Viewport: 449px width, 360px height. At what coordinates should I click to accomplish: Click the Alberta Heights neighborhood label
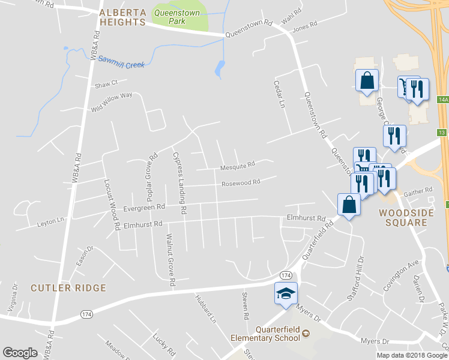coord(122,17)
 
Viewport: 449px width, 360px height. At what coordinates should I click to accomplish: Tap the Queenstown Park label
coord(178,16)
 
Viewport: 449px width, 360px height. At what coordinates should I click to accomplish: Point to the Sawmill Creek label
coord(122,61)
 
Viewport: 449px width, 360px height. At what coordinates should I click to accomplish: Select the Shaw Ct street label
coord(106,83)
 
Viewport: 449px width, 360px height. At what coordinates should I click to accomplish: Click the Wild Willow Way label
coord(111,101)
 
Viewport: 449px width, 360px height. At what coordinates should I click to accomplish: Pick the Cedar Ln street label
coord(280,94)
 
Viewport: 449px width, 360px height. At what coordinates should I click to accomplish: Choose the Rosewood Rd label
coord(240,182)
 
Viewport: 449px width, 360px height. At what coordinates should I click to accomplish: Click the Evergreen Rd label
coord(144,207)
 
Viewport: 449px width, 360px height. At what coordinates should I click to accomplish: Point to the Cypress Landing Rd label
coord(179,184)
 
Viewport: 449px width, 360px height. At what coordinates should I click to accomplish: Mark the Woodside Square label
coord(403,217)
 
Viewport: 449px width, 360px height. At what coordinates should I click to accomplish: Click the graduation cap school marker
coord(286,293)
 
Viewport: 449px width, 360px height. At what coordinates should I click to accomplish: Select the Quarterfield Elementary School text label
coord(265,334)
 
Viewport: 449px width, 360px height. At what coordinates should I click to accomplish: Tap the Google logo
coord(20,353)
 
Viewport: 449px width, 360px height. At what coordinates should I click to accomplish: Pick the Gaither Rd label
coord(418,190)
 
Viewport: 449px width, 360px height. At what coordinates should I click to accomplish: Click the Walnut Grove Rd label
coord(170,259)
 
